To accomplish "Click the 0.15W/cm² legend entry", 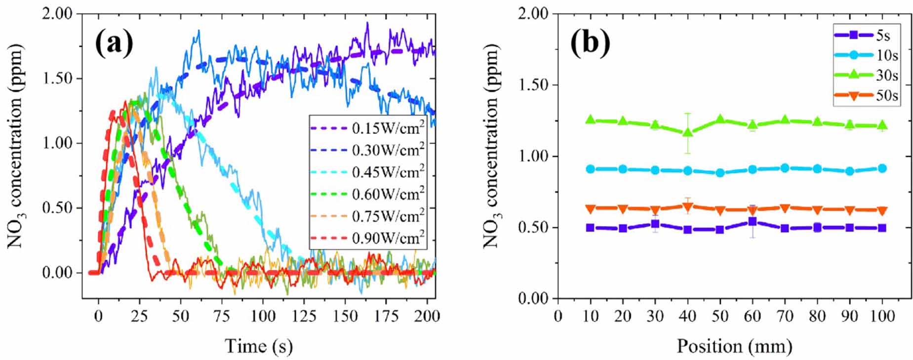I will pos(367,128).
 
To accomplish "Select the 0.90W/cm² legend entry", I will pos(367,239).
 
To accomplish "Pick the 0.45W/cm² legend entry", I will pos(367,172).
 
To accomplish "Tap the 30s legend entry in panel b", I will pos(867,75).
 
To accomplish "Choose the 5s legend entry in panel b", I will pos(867,36).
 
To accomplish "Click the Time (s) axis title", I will pos(259,346).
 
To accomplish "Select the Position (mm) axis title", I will pos(734,346).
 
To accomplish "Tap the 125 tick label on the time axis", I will pos(304,316).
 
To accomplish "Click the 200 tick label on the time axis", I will pos(427,316).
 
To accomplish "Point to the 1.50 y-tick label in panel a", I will pos(57,79).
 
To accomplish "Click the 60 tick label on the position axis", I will pos(752,316).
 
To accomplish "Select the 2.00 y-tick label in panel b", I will pos(533,14).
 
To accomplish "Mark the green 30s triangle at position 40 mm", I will pos(687,132).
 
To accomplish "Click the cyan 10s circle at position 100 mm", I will pos(882,168).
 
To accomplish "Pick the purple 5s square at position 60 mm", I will pos(752,222).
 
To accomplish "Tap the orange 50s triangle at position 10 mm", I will pos(590,209).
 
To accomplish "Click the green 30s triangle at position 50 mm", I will pos(720,119).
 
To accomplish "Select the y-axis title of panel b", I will pos(492,146).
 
